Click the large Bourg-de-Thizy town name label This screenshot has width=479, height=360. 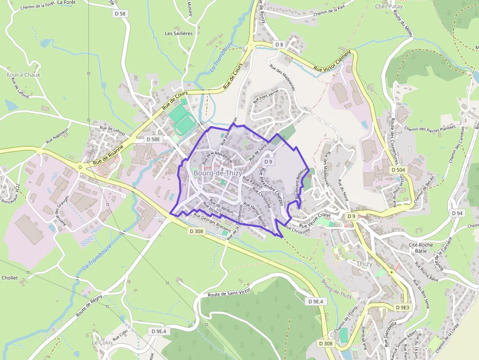pyautogui.click(x=218, y=173)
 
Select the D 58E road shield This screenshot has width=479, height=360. pyautogui.click(x=153, y=139)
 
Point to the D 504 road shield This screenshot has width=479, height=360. pyautogui.click(x=398, y=169)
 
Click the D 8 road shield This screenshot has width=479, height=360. pyautogui.click(x=279, y=44)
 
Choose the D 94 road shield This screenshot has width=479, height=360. pyautogui.click(x=457, y=213)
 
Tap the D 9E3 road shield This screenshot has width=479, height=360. pyautogui.click(x=402, y=307)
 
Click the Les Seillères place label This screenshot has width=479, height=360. pyautogui.click(x=179, y=34)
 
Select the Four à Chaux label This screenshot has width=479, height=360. pyautogui.click(x=23, y=75)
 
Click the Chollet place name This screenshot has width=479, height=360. pyautogui.click(x=10, y=278)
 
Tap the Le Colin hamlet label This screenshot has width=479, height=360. pyautogui.click(x=102, y=342)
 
